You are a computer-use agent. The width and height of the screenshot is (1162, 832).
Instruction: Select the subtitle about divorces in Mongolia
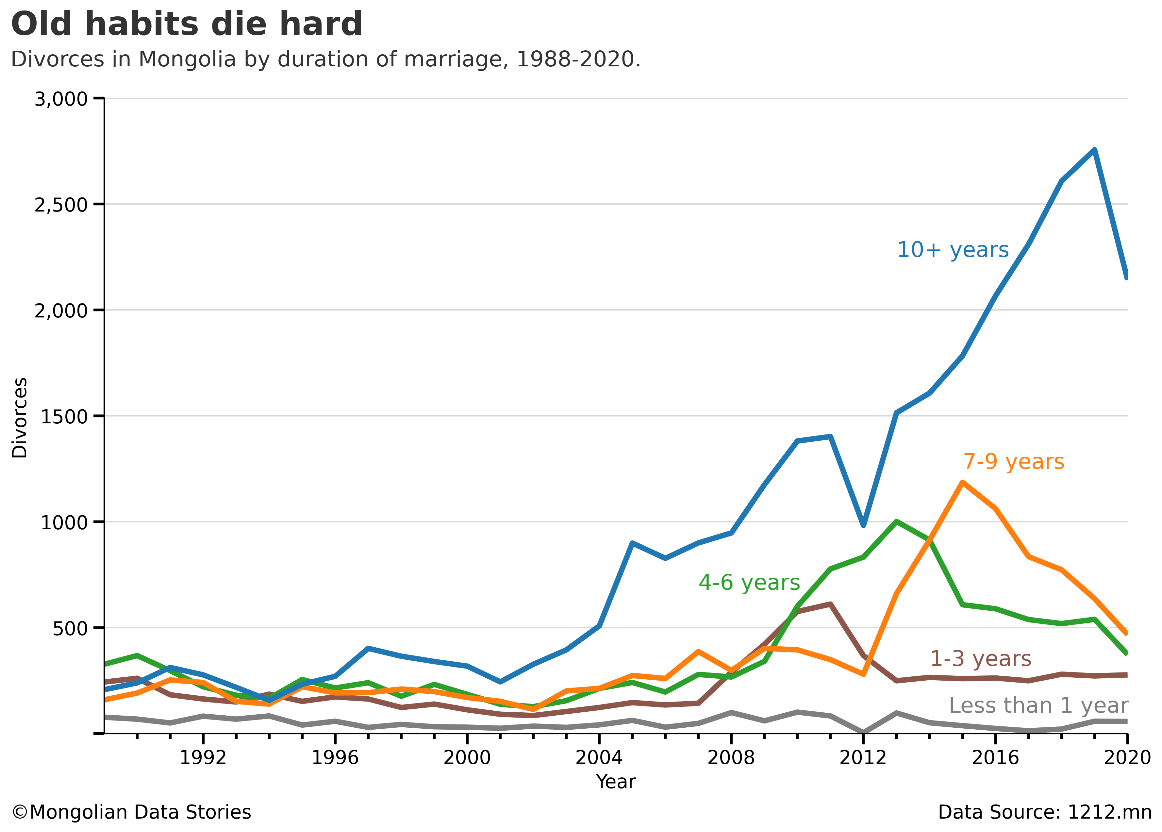click(326, 59)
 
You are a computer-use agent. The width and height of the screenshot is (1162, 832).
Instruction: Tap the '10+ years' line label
click(953, 250)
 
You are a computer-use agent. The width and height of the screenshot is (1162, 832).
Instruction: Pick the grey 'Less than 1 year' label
click(1038, 705)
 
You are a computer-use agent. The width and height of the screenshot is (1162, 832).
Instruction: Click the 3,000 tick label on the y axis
click(61, 99)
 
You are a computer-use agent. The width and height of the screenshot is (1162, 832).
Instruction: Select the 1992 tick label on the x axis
click(203, 757)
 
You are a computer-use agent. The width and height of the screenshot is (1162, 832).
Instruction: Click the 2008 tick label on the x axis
click(731, 757)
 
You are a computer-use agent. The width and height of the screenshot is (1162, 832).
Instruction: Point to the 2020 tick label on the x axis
click(1127, 757)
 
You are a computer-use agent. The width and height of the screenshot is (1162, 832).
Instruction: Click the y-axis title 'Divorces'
click(20, 417)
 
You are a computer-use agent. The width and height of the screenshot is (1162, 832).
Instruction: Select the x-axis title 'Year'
click(616, 782)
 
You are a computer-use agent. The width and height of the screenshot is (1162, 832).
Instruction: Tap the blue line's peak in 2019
click(1094, 150)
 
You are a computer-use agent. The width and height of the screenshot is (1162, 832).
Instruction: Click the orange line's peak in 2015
click(963, 482)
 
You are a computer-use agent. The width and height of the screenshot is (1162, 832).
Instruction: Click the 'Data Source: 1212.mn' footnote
click(1045, 812)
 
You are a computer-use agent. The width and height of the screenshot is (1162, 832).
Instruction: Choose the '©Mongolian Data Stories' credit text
click(131, 812)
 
